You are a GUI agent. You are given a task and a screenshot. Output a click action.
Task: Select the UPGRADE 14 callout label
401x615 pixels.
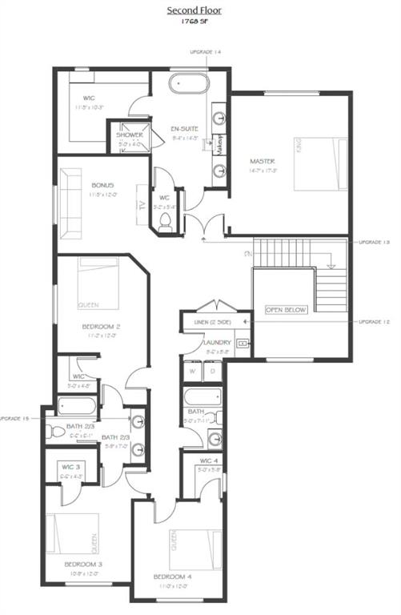coord(206,52)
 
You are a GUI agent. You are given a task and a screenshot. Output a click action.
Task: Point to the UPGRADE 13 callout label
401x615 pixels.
coord(375,241)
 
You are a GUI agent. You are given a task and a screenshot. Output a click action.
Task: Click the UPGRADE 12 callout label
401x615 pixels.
coord(375,321)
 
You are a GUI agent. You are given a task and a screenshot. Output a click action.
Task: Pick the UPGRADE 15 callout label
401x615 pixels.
coord(14,418)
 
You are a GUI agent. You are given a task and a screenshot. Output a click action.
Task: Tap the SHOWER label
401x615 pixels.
coord(129,135)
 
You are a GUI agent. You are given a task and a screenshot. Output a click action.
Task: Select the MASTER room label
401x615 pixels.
coord(262,160)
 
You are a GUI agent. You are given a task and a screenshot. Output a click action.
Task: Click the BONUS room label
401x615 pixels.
coord(103,186)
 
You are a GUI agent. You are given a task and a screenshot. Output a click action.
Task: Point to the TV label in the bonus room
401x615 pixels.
coord(142,203)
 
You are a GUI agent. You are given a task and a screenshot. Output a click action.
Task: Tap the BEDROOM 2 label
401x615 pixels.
coord(101,327)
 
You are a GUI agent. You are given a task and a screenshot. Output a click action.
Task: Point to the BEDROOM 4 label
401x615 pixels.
coord(174,576)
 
